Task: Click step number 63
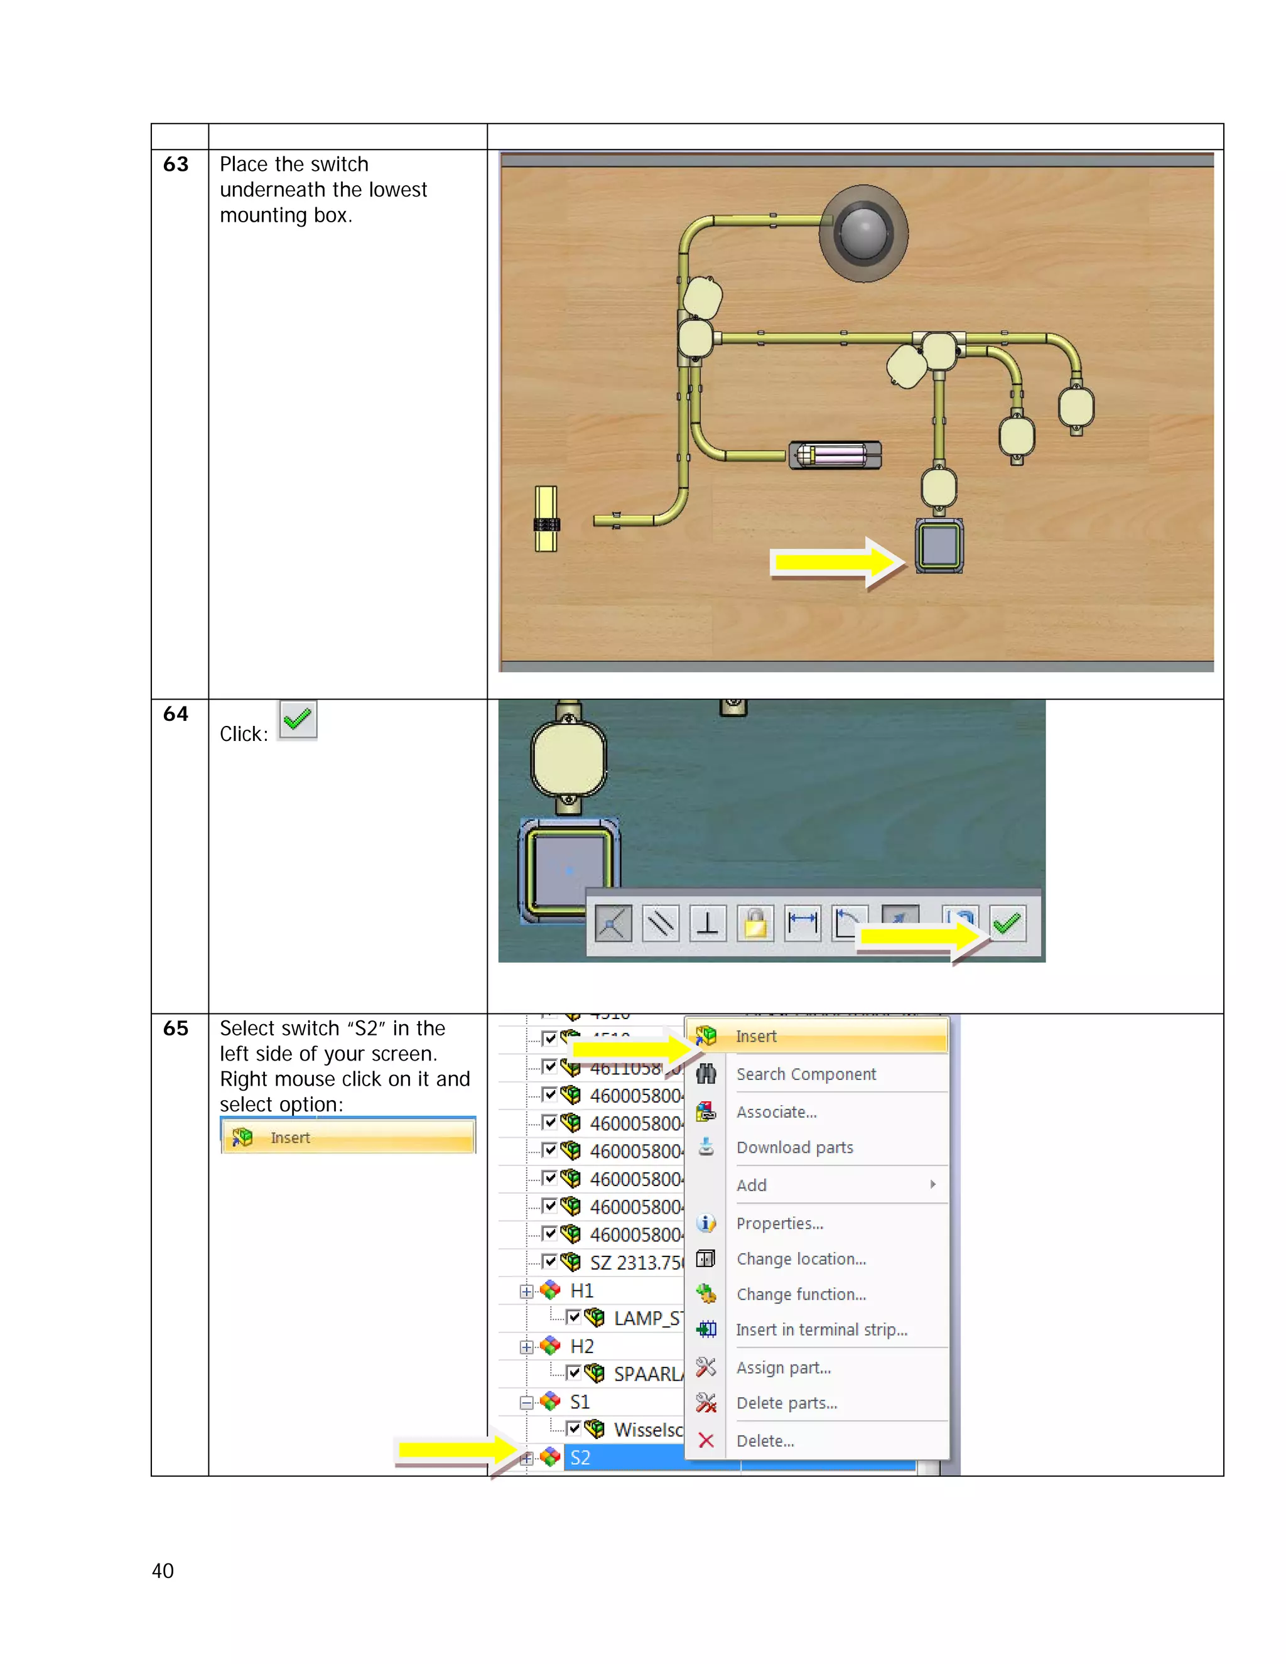click(x=175, y=165)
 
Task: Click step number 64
click(x=175, y=714)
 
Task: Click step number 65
click(x=175, y=1029)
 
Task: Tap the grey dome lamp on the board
click(x=863, y=233)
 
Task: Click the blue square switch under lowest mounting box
click(x=939, y=546)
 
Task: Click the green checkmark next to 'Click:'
click(x=297, y=719)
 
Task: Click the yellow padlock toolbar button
click(x=755, y=924)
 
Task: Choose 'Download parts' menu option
click(x=794, y=1147)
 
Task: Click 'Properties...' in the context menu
click(x=779, y=1224)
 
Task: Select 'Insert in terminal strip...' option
click(x=821, y=1329)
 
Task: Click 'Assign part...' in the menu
click(x=783, y=1368)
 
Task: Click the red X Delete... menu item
click(x=765, y=1440)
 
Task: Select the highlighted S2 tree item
click(x=581, y=1457)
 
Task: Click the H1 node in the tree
click(x=581, y=1290)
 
